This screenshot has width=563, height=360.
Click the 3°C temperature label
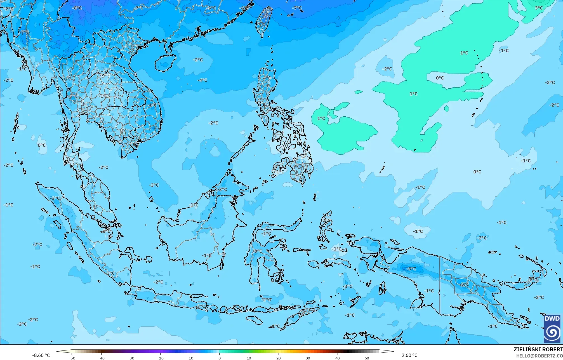pos(539,8)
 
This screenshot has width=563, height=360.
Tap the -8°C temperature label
pos(77,8)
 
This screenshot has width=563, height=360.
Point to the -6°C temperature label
pos(244,8)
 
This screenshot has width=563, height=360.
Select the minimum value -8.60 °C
pos(41,355)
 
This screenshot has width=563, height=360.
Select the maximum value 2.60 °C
pos(409,355)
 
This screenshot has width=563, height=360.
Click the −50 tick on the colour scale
pos(72,358)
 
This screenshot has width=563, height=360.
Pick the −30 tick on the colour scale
pos(131,358)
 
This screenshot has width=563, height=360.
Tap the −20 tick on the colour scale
pos(160,358)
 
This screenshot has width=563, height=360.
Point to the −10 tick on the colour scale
pos(190,358)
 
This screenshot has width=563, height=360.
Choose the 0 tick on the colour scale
pos(220,358)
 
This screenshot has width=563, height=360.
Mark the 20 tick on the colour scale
pos(279,358)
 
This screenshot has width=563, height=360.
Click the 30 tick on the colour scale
pos(308,358)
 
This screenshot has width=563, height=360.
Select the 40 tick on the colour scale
pos(338,358)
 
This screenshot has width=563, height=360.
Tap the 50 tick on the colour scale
pos(367,358)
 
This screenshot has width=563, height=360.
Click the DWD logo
pos(552,329)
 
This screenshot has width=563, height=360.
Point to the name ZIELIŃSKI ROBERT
pos(538,349)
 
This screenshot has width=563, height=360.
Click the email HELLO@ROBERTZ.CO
pos(539,356)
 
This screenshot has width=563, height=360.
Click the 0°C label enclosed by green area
pos(440,78)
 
